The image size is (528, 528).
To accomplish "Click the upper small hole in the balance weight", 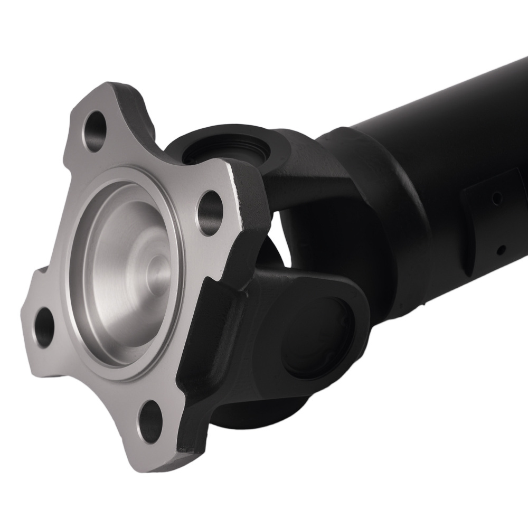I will tap(496, 199).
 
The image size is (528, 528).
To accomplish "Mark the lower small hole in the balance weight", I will tap(503, 248).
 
